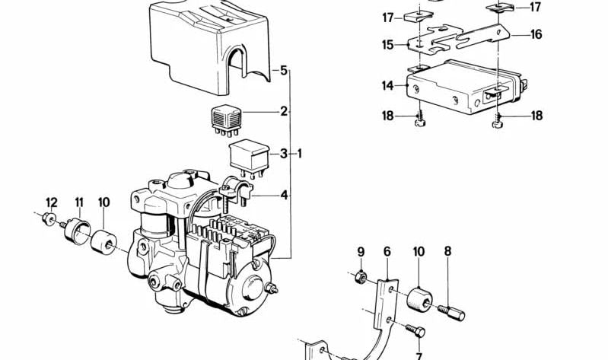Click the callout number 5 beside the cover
(x=283, y=72)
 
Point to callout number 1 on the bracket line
(x=300, y=155)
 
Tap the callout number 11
(x=78, y=202)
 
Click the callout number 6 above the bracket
(x=387, y=252)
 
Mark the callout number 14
(x=389, y=87)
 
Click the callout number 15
(x=389, y=46)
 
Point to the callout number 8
(x=447, y=252)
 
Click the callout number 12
(x=51, y=202)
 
